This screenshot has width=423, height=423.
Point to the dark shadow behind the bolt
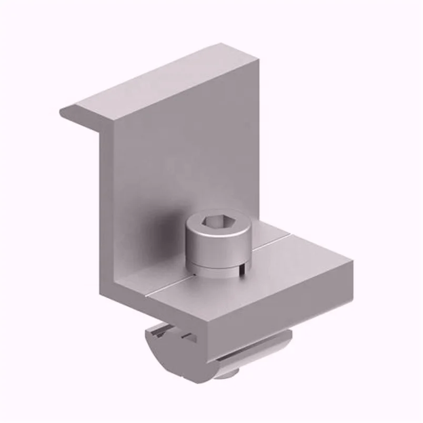[168, 226]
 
